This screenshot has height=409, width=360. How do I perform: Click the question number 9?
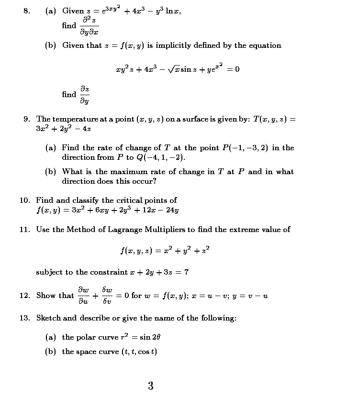28,119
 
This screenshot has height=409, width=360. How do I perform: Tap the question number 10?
25,200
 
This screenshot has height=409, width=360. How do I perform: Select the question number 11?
25,230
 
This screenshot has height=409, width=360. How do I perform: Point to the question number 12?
25,296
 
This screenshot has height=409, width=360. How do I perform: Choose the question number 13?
25,318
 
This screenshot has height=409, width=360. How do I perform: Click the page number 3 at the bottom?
150,386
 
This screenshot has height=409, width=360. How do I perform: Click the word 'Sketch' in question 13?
48,318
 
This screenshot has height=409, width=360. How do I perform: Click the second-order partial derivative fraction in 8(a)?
90,26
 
